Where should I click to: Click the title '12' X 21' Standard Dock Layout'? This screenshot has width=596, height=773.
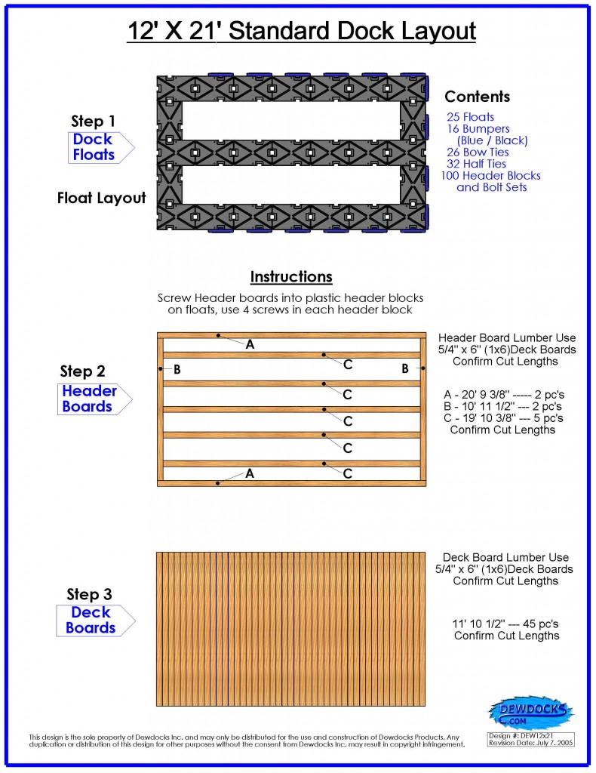(x=300, y=32)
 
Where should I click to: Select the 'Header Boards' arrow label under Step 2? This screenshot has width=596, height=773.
(x=90, y=399)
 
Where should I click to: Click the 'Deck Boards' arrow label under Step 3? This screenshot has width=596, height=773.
(x=91, y=621)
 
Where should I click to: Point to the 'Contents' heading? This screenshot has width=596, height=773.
(x=477, y=97)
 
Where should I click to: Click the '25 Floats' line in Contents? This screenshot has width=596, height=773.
(x=471, y=117)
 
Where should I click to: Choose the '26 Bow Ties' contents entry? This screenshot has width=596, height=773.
(x=478, y=152)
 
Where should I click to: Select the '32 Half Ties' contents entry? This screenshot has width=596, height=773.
(x=477, y=164)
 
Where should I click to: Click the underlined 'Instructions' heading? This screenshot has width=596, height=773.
(x=291, y=277)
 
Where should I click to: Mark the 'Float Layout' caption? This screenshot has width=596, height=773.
(x=101, y=199)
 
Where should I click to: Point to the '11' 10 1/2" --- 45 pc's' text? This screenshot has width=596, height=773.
(x=506, y=624)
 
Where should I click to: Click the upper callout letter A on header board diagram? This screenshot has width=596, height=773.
(x=250, y=344)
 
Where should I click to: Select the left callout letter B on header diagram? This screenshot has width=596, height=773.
(x=177, y=369)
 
